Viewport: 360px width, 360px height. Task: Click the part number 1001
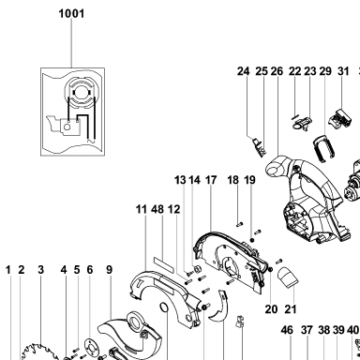(71, 14)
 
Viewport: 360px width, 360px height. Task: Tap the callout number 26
(277, 71)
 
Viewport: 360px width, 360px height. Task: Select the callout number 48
(157, 209)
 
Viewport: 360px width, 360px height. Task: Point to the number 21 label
(291, 309)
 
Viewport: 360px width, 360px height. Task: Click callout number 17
(211, 180)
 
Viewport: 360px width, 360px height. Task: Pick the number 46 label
(287, 330)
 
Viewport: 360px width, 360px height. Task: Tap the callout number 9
(109, 269)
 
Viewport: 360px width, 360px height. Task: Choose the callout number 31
(343, 71)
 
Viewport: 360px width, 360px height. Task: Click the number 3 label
(41, 269)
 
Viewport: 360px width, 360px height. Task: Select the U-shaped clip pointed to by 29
(323, 148)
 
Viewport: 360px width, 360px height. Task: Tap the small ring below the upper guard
(164, 307)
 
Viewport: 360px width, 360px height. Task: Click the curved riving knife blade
(219, 307)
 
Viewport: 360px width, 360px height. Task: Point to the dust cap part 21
(288, 277)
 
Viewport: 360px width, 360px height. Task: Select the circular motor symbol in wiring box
(82, 92)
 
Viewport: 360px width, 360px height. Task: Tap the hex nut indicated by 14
(197, 269)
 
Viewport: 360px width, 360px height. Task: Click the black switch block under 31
(339, 119)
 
